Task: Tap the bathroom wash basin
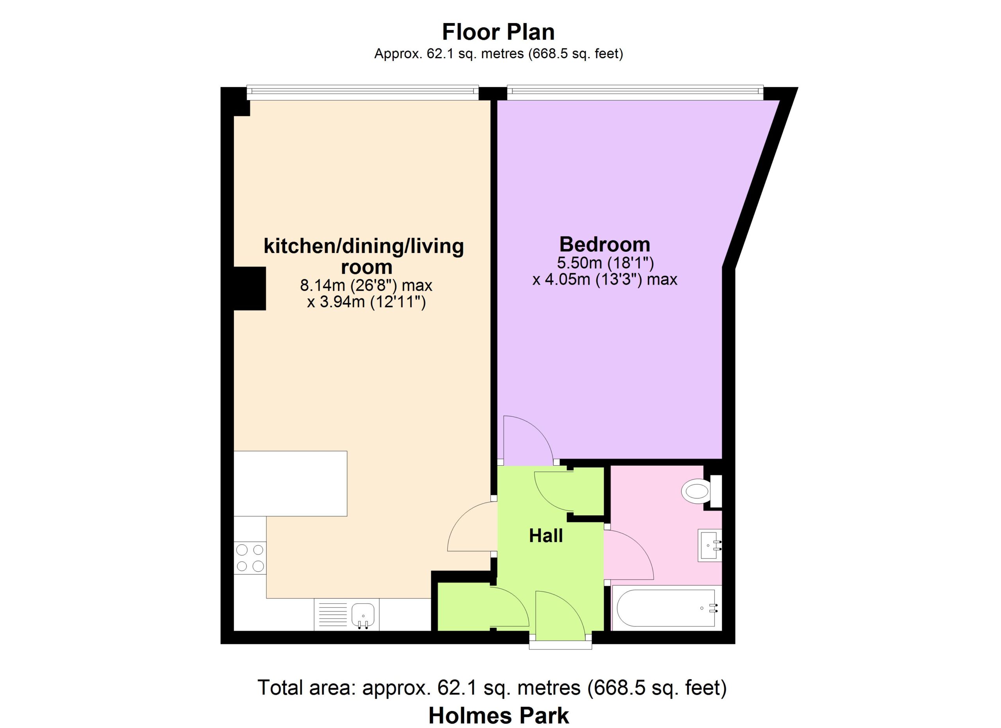pyautogui.click(x=710, y=545)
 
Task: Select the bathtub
pyautogui.click(x=666, y=608)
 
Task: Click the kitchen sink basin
pyautogui.click(x=363, y=614)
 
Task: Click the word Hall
pyautogui.click(x=546, y=536)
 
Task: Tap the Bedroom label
pyautogui.click(x=605, y=244)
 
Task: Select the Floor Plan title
pyautogui.click(x=498, y=32)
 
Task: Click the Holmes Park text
pyautogui.click(x=499, y=715)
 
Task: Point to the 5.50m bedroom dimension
pyautogui.click(x=605, y=263)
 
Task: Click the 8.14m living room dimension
pyautogui.click(x=366, y=285)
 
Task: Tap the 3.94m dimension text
pyautogui.click(x=366, y=302)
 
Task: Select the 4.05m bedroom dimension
pyautogui.click(x=605, y=280)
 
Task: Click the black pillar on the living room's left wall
pyautogui.click(x=250, y=289)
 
